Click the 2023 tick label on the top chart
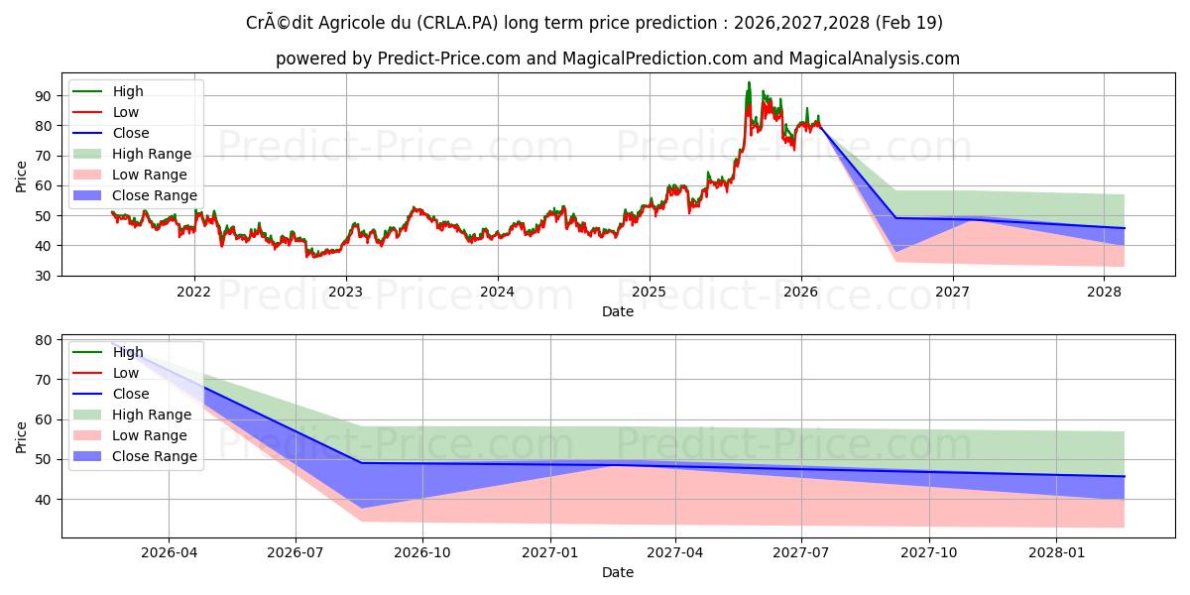pos(345,292)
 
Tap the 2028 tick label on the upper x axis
pos(1104,292)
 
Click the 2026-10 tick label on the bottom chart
pos(422,552)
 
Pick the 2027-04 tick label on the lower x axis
pos(675,552)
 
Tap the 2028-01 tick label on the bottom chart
pos(1057,552)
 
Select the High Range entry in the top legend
pos(152,154)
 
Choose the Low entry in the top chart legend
pos(126,112)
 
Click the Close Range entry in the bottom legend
pos(155,456)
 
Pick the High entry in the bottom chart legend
pos(128,352)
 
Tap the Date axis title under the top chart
pos(617,311)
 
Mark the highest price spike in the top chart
pos(749,83)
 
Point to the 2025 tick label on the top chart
pos(649,292)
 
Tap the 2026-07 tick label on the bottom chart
pos(296,552)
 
